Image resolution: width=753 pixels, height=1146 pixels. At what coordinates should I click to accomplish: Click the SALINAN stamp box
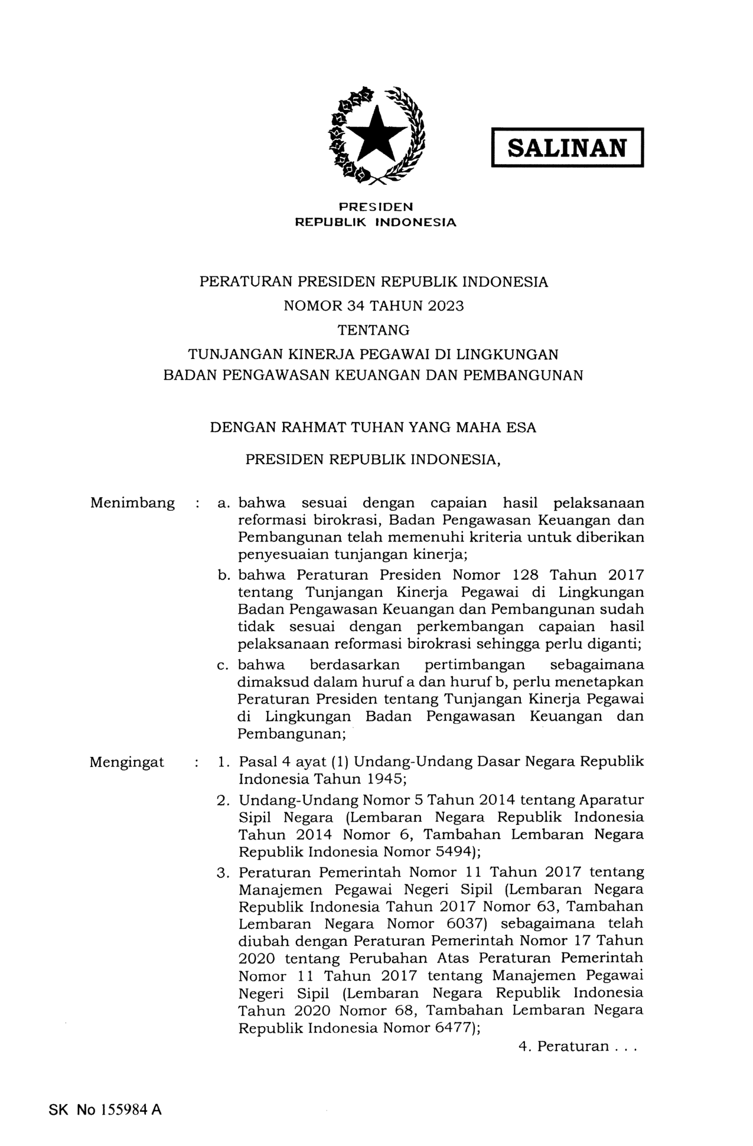[x=567, y=148]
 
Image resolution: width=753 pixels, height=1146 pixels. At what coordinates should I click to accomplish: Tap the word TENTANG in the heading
[x=373, y=329]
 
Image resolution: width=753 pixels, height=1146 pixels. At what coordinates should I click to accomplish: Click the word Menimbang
[x=132, y=503]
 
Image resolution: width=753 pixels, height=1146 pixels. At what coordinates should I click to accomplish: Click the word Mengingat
[x=127, y=762]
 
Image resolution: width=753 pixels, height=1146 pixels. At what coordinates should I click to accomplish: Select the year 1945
[x=384, y=779]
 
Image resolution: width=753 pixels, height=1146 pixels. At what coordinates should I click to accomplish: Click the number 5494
[x=449, y=852]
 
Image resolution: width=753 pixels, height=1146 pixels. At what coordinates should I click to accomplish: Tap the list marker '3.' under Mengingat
[x=223, y=873]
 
